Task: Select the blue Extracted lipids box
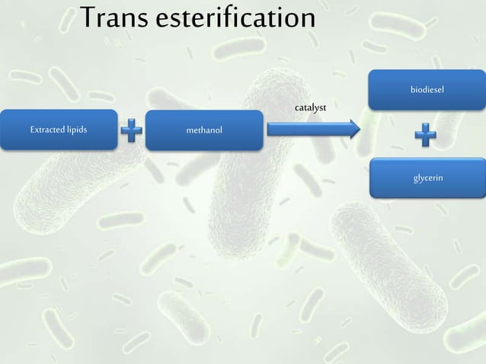point(59,129)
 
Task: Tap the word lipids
point(77,129)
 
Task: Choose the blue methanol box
point(204,130)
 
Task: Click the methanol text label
point(204,130)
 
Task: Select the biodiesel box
point(427,90)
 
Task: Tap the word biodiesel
point(427,90)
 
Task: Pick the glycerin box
point(427,178)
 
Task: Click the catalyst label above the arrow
point(310,108)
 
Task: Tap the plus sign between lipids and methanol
point(132,131)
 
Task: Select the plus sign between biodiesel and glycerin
point(426,136)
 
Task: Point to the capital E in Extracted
point(32,129)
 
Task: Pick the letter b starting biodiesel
point(413,90)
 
